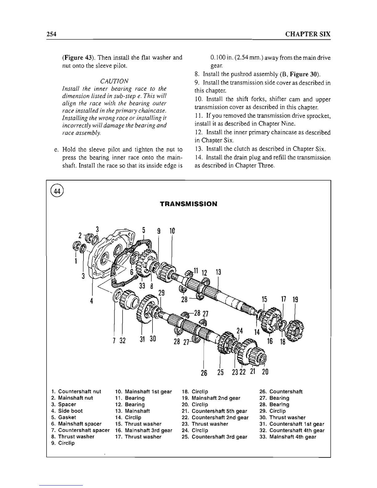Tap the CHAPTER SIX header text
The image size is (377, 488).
(308, 34)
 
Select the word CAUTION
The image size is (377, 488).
(114, 81)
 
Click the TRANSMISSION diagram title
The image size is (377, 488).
(188, 204)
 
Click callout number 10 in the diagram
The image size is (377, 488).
(172, 231)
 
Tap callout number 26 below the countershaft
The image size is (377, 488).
(204, 372)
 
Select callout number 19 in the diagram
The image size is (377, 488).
(295, 299)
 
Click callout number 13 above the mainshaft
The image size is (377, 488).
(218, 273)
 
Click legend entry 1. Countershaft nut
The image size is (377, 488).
(76, 392)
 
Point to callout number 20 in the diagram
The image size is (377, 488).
(265, 372)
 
